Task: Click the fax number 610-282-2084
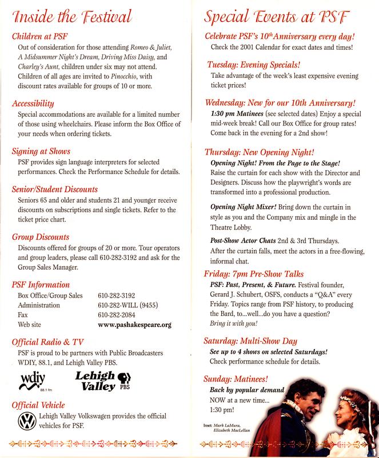coord(120,315)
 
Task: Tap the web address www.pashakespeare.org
coord(134,325)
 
